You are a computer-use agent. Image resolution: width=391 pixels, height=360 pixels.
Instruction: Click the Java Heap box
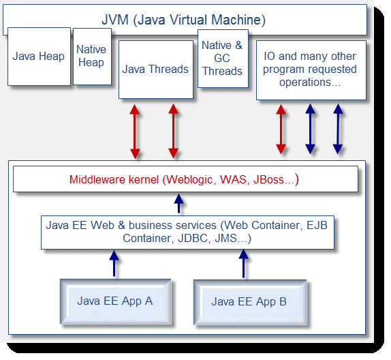40,56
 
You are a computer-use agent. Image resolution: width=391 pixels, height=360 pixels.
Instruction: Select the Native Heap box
91,57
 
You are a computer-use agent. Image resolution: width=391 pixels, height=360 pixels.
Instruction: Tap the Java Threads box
155,69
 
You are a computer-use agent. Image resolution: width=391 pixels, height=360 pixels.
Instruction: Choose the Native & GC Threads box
222,59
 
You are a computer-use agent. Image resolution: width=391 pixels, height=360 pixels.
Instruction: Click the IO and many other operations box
310,70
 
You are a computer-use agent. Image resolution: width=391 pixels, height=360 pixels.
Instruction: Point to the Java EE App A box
114,301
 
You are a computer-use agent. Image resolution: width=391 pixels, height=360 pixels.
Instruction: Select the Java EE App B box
249,301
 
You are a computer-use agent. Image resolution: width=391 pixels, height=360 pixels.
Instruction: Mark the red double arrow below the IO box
280,130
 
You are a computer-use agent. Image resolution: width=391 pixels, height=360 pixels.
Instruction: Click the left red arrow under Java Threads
135,130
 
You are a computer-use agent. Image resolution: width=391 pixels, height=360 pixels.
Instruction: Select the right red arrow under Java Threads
172,130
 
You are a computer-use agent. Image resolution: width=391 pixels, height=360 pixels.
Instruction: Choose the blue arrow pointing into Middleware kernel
178,203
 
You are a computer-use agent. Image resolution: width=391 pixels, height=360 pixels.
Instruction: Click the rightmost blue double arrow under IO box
337,130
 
